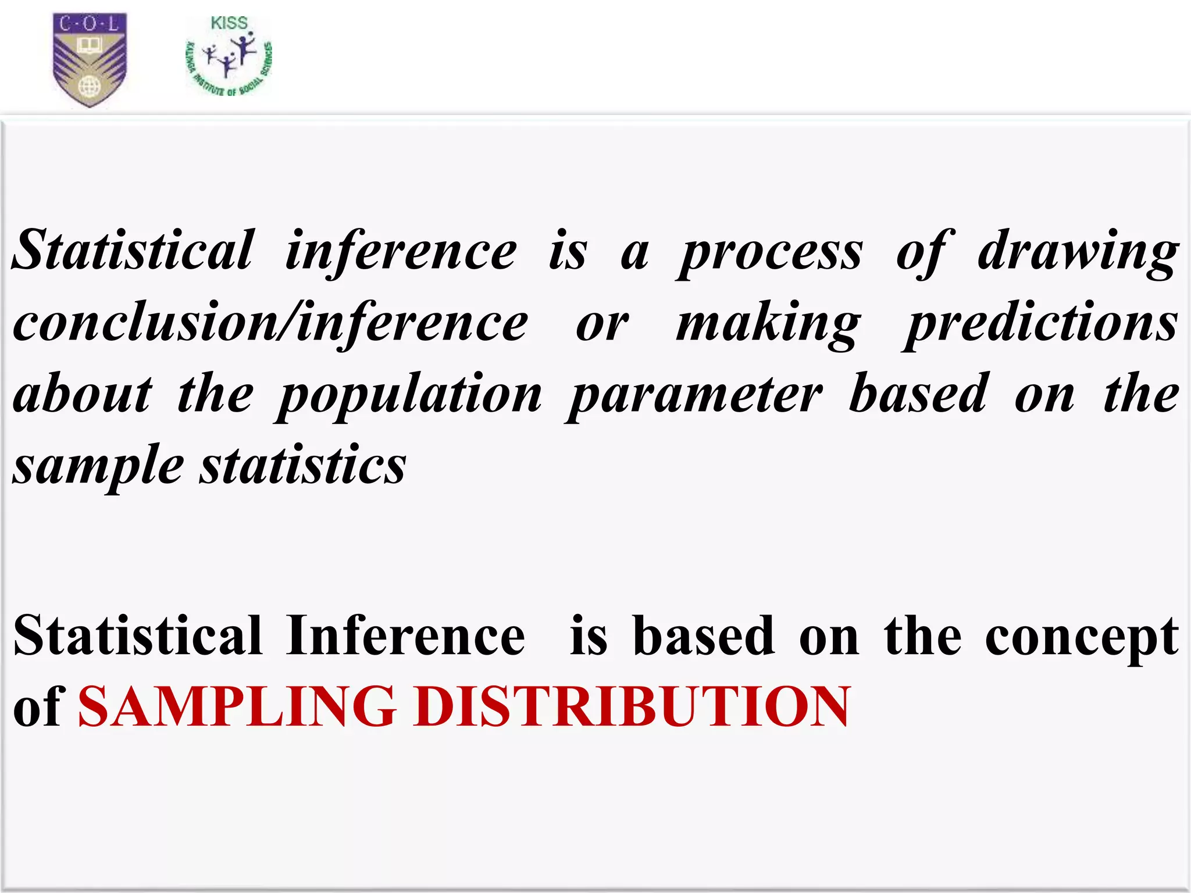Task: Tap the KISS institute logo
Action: pos(229,58)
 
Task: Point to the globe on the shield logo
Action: pos(89,87)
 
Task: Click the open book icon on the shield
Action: pos(90,46)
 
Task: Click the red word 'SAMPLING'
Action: pos(237,706)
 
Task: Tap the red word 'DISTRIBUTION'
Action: pos(632,706)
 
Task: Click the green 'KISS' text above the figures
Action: pos(229,23)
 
